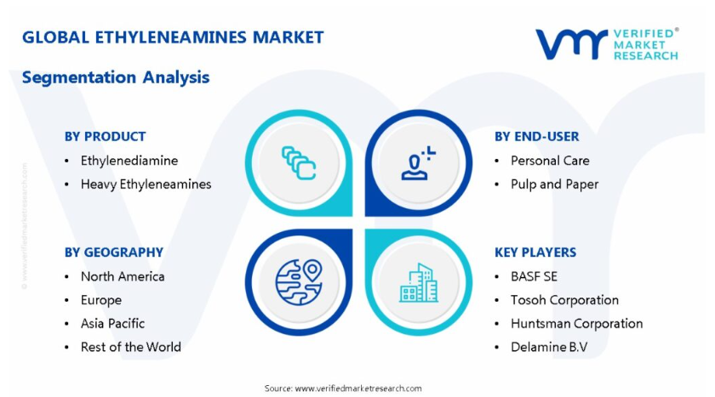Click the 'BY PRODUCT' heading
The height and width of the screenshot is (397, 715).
tap(105, 137)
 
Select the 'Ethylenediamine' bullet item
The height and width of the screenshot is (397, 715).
tap(129, 161)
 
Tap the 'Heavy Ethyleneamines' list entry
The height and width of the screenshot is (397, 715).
tap(146, 184)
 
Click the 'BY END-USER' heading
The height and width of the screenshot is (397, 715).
tap(537, 137)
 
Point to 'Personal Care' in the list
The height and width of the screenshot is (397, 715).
tap(550, 161)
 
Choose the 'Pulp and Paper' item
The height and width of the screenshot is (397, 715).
tap(554, 184)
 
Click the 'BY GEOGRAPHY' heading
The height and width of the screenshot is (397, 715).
tap(113, 252)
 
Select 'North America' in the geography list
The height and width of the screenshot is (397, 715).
tap(123, 276)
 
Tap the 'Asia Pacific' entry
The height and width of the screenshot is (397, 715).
tap(112, 323)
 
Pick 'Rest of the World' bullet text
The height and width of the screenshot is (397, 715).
tap(131, 347)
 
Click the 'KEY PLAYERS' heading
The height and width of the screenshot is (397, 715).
tap(535, 252)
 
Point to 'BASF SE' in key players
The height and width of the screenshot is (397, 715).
tap(534, 276)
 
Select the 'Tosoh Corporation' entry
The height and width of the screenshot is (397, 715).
tap(564, 300)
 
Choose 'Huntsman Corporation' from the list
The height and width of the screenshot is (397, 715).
tap(577, 323)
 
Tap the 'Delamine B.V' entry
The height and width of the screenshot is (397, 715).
tap(549, 347)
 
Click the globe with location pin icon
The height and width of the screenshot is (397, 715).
tap(299, 282)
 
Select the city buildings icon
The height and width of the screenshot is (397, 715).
tap(419, 282)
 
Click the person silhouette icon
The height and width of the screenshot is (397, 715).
tap(418, 163)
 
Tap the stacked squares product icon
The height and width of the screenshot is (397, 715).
tap(299, 163)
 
